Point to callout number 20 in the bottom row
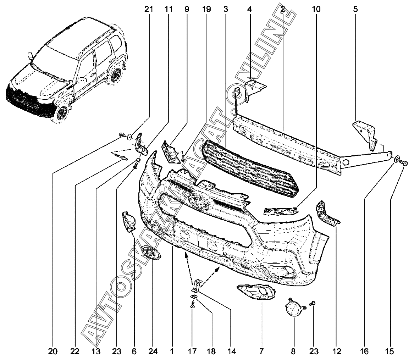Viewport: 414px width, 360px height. pos(53,351)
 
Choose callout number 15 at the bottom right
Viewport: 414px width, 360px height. pos(390,351)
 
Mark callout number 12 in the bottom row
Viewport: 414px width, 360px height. pos(337,351)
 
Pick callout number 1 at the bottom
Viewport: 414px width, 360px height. pos(172,351)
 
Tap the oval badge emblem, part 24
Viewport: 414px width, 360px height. pos(151,253)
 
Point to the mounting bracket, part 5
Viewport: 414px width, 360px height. pos(365,135)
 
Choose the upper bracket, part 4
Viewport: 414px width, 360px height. pos(255,89)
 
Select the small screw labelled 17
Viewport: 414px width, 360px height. pos(193,304)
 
